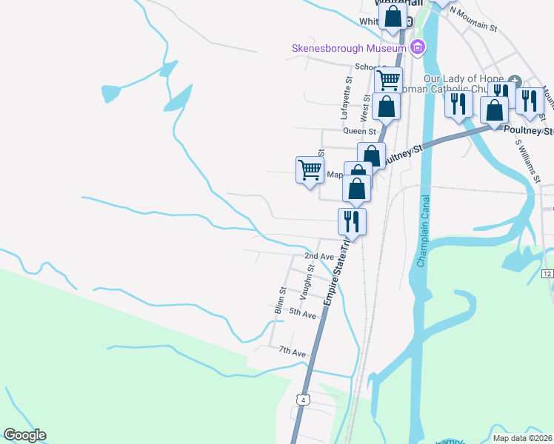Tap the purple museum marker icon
[418, 49]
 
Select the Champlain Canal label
[424, 232]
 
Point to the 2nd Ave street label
[319, 256]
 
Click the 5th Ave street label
[302, 314]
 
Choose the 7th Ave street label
[293, 353]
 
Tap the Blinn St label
[281, 299]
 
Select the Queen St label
[360, 131]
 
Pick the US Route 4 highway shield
[302, 400]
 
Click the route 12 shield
[547, 274]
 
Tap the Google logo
[24, 435]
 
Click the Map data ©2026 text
[523, 438]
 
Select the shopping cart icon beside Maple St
[309, 169]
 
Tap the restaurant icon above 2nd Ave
[352, 221]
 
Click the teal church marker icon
[515, 81]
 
